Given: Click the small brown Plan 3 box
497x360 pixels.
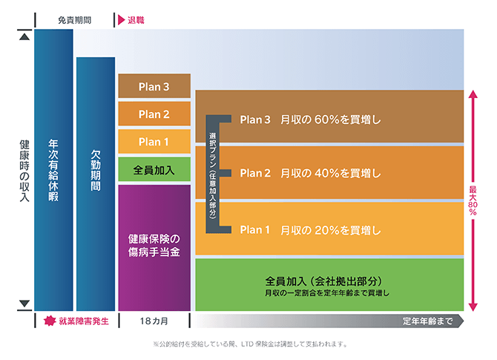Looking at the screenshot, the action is tap(154, 86).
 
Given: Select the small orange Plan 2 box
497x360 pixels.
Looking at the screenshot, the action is tap(154, 114).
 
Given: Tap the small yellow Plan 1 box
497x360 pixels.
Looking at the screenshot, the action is tap(154, 142).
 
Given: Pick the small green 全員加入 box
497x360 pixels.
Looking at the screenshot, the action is tap(154, 169).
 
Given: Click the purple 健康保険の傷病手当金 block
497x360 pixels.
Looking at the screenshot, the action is tap(154, 248).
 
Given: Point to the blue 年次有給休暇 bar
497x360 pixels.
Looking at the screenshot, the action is tap(53, 170).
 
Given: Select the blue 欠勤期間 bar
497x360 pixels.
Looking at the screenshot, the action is tap(96, 184).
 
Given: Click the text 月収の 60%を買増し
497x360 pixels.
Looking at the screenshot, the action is tap(331, 120).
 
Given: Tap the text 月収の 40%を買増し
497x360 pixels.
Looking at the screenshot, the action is tap(331, 173).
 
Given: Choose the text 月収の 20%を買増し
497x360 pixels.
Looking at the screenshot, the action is tap(331, 230).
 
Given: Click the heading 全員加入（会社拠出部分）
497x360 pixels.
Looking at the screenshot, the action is tap(323, 281).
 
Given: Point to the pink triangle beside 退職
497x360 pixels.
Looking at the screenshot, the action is tap(121, 20).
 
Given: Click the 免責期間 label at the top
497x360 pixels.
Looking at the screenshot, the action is tap(75, 20).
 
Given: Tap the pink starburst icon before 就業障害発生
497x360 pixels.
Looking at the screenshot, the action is tap(50, 321).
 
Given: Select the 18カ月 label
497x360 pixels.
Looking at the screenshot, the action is tap(154, 321).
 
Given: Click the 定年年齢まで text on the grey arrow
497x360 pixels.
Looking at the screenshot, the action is tap(427, 321).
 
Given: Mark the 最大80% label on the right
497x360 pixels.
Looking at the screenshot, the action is tap(473, 200).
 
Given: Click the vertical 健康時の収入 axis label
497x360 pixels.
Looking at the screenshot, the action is tap(24, 171).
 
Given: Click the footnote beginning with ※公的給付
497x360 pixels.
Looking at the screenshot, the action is tap(251, 344).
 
